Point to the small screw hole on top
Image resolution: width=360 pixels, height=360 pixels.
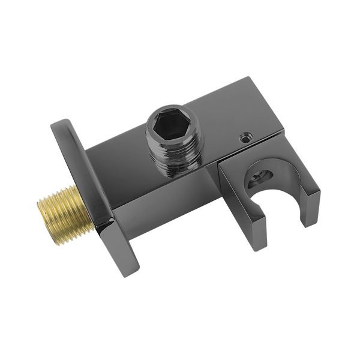click(x=244, y=138)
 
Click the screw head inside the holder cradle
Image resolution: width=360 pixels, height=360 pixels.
click(x=262, y=177)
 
